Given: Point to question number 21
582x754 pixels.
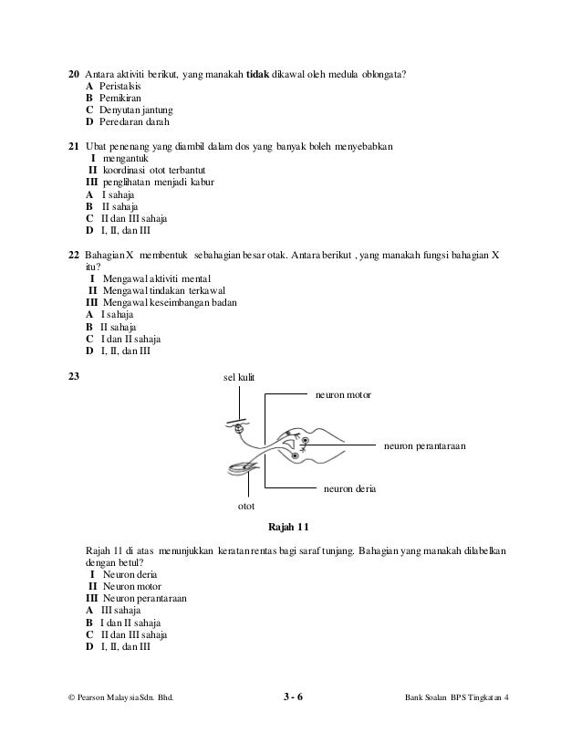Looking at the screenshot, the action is (x=75, y=146).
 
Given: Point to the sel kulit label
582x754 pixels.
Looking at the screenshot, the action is (x=239, y=377).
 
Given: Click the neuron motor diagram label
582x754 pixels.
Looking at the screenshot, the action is (x=343, y=396).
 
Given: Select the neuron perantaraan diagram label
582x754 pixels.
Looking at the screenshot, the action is (x=424, y=446).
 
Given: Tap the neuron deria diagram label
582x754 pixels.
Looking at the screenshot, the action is (x=349, y=489).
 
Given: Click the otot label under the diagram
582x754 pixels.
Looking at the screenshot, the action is (x=245, y=505).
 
